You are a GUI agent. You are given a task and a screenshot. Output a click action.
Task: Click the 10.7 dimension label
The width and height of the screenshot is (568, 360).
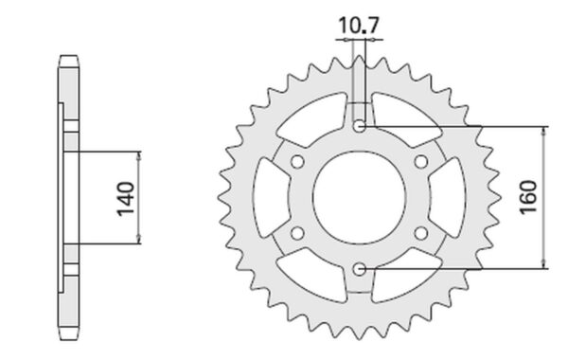[358, 25]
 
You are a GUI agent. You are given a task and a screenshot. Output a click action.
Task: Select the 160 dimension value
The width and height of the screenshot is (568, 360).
[528, 197]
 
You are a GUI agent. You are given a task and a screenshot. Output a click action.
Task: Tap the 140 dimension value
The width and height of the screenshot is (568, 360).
[126, 199]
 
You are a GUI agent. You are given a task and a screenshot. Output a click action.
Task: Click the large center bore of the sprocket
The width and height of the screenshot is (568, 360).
[359, 198]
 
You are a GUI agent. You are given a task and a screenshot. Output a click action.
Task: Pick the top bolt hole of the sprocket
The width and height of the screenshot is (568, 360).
[359, 126]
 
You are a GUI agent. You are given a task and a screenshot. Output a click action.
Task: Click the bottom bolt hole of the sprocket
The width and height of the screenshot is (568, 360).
[359, 269]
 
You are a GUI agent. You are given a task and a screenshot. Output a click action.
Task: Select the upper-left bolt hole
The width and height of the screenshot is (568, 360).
[297, 162]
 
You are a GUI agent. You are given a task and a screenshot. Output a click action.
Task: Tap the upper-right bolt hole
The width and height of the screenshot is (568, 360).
[421, 162]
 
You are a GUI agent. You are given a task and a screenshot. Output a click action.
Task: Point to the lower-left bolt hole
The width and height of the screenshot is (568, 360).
[297, 233]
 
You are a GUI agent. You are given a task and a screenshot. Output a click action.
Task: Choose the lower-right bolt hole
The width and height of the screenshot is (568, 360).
[421, 233]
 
